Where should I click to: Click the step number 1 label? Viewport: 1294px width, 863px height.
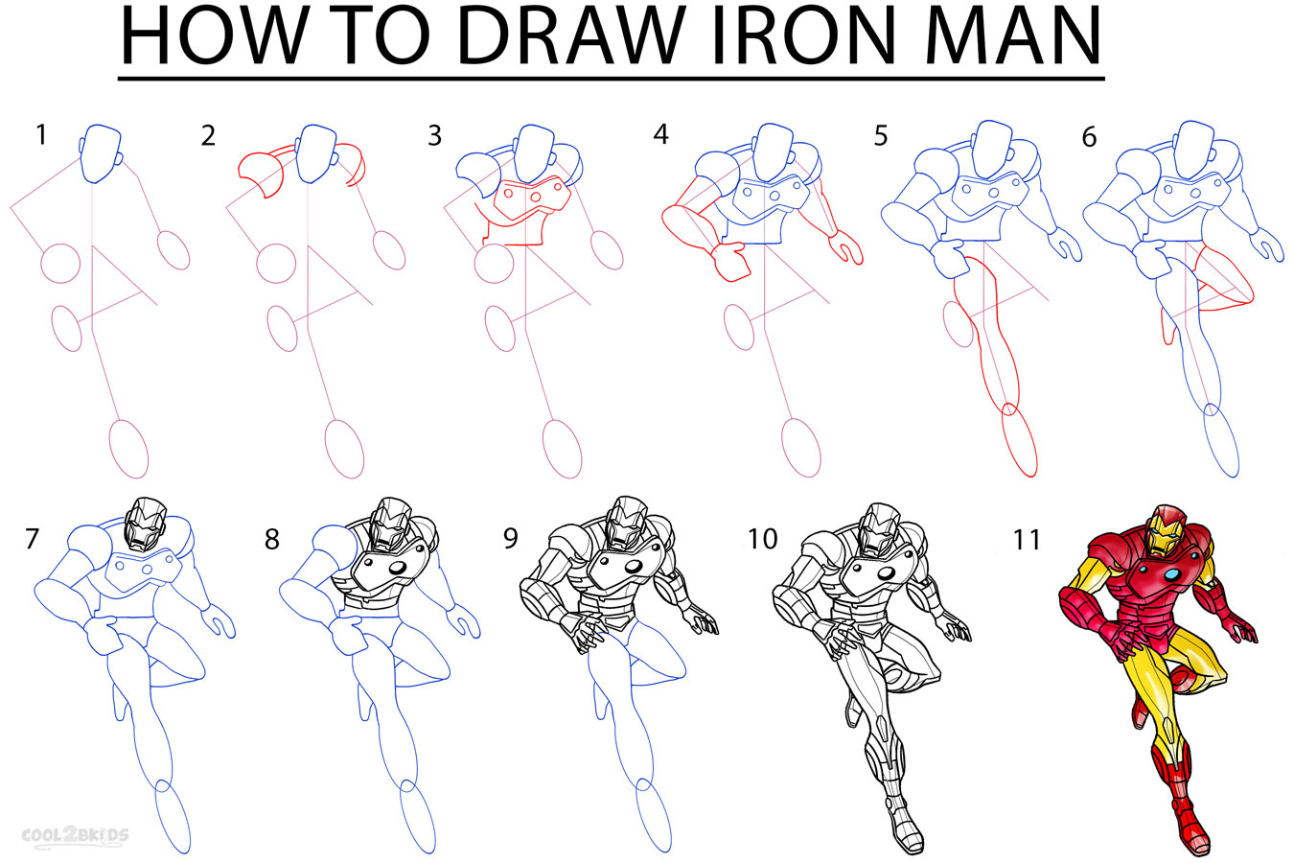click(x=40, y=135)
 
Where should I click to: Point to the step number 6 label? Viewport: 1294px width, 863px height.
click(x=1089, y=138)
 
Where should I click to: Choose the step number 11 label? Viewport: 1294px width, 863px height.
click(x=1027, y=540)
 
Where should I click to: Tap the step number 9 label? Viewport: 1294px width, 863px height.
click(x=510, y=538)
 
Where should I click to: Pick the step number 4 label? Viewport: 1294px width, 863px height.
click(x=660, y=135)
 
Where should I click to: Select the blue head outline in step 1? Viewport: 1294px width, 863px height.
click(x=101, y=153)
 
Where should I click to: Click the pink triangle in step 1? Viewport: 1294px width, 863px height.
click(x=115, y=278)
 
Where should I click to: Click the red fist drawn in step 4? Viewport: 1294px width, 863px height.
click(x=731, y=260)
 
